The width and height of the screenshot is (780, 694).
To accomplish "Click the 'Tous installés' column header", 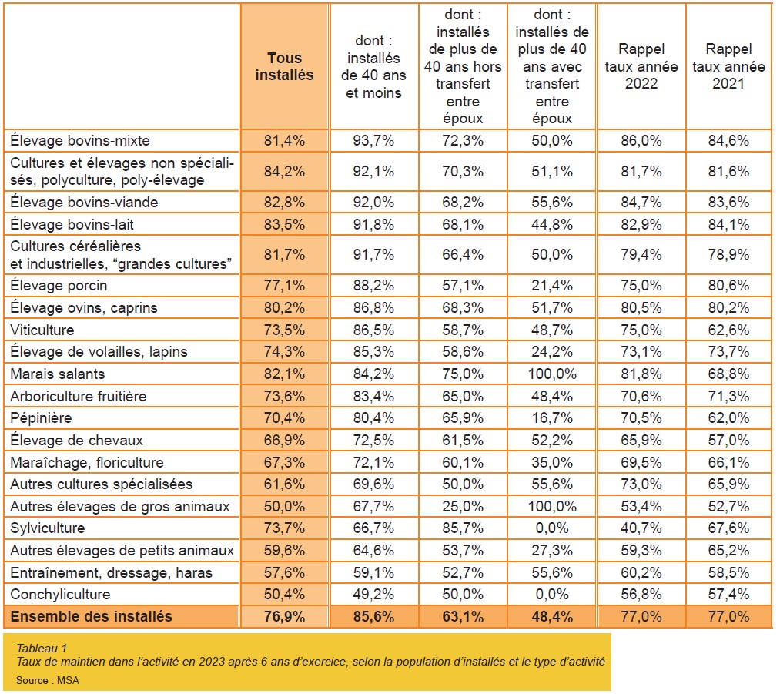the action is click(x=284, y=67).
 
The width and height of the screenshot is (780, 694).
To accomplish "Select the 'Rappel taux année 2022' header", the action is click(x=641, y=66).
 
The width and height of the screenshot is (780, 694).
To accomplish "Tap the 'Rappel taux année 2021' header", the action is click(x=728, y=66).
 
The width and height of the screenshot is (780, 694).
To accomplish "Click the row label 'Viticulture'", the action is click(x=42, y=330).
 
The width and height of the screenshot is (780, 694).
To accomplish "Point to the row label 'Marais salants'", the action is click(x=58, y=374).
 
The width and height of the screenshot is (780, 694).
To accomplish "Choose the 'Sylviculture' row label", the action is click(x=48, y=528).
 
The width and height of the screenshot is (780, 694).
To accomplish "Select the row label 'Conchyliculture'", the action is click(x=60, y=594).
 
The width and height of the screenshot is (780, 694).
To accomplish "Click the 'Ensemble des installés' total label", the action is click(x=92, y=616).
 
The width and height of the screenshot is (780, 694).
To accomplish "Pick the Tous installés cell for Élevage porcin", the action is click(x=284, y=286).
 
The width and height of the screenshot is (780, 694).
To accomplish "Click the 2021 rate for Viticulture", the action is click(x=728, y=330).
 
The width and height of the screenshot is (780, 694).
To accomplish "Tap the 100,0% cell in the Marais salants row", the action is click(x=552, y=374).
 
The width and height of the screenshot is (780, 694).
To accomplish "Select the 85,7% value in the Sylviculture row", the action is click(x=463, y=528).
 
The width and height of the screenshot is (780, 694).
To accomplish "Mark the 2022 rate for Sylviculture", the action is click(x=641, y=528).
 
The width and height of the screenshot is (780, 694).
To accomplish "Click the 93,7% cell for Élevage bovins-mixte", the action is click(x=373, y=140).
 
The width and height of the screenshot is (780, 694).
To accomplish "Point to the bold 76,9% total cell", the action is click(x=284, y=616).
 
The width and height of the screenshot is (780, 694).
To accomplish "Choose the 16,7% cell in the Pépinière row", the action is click(x=552, y=418).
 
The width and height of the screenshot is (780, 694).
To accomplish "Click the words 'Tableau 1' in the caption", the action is click(x=42, y=649).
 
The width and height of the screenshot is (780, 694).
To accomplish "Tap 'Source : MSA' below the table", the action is click(x=47, y=680).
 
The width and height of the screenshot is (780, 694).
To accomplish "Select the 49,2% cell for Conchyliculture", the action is click(x=373, y=594).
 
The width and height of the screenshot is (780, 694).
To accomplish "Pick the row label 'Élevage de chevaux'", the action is click(x=76, y=441).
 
